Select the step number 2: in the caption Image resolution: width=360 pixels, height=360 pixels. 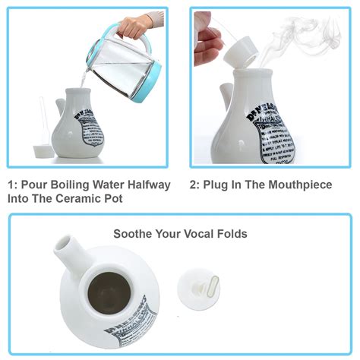click(194, 185)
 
